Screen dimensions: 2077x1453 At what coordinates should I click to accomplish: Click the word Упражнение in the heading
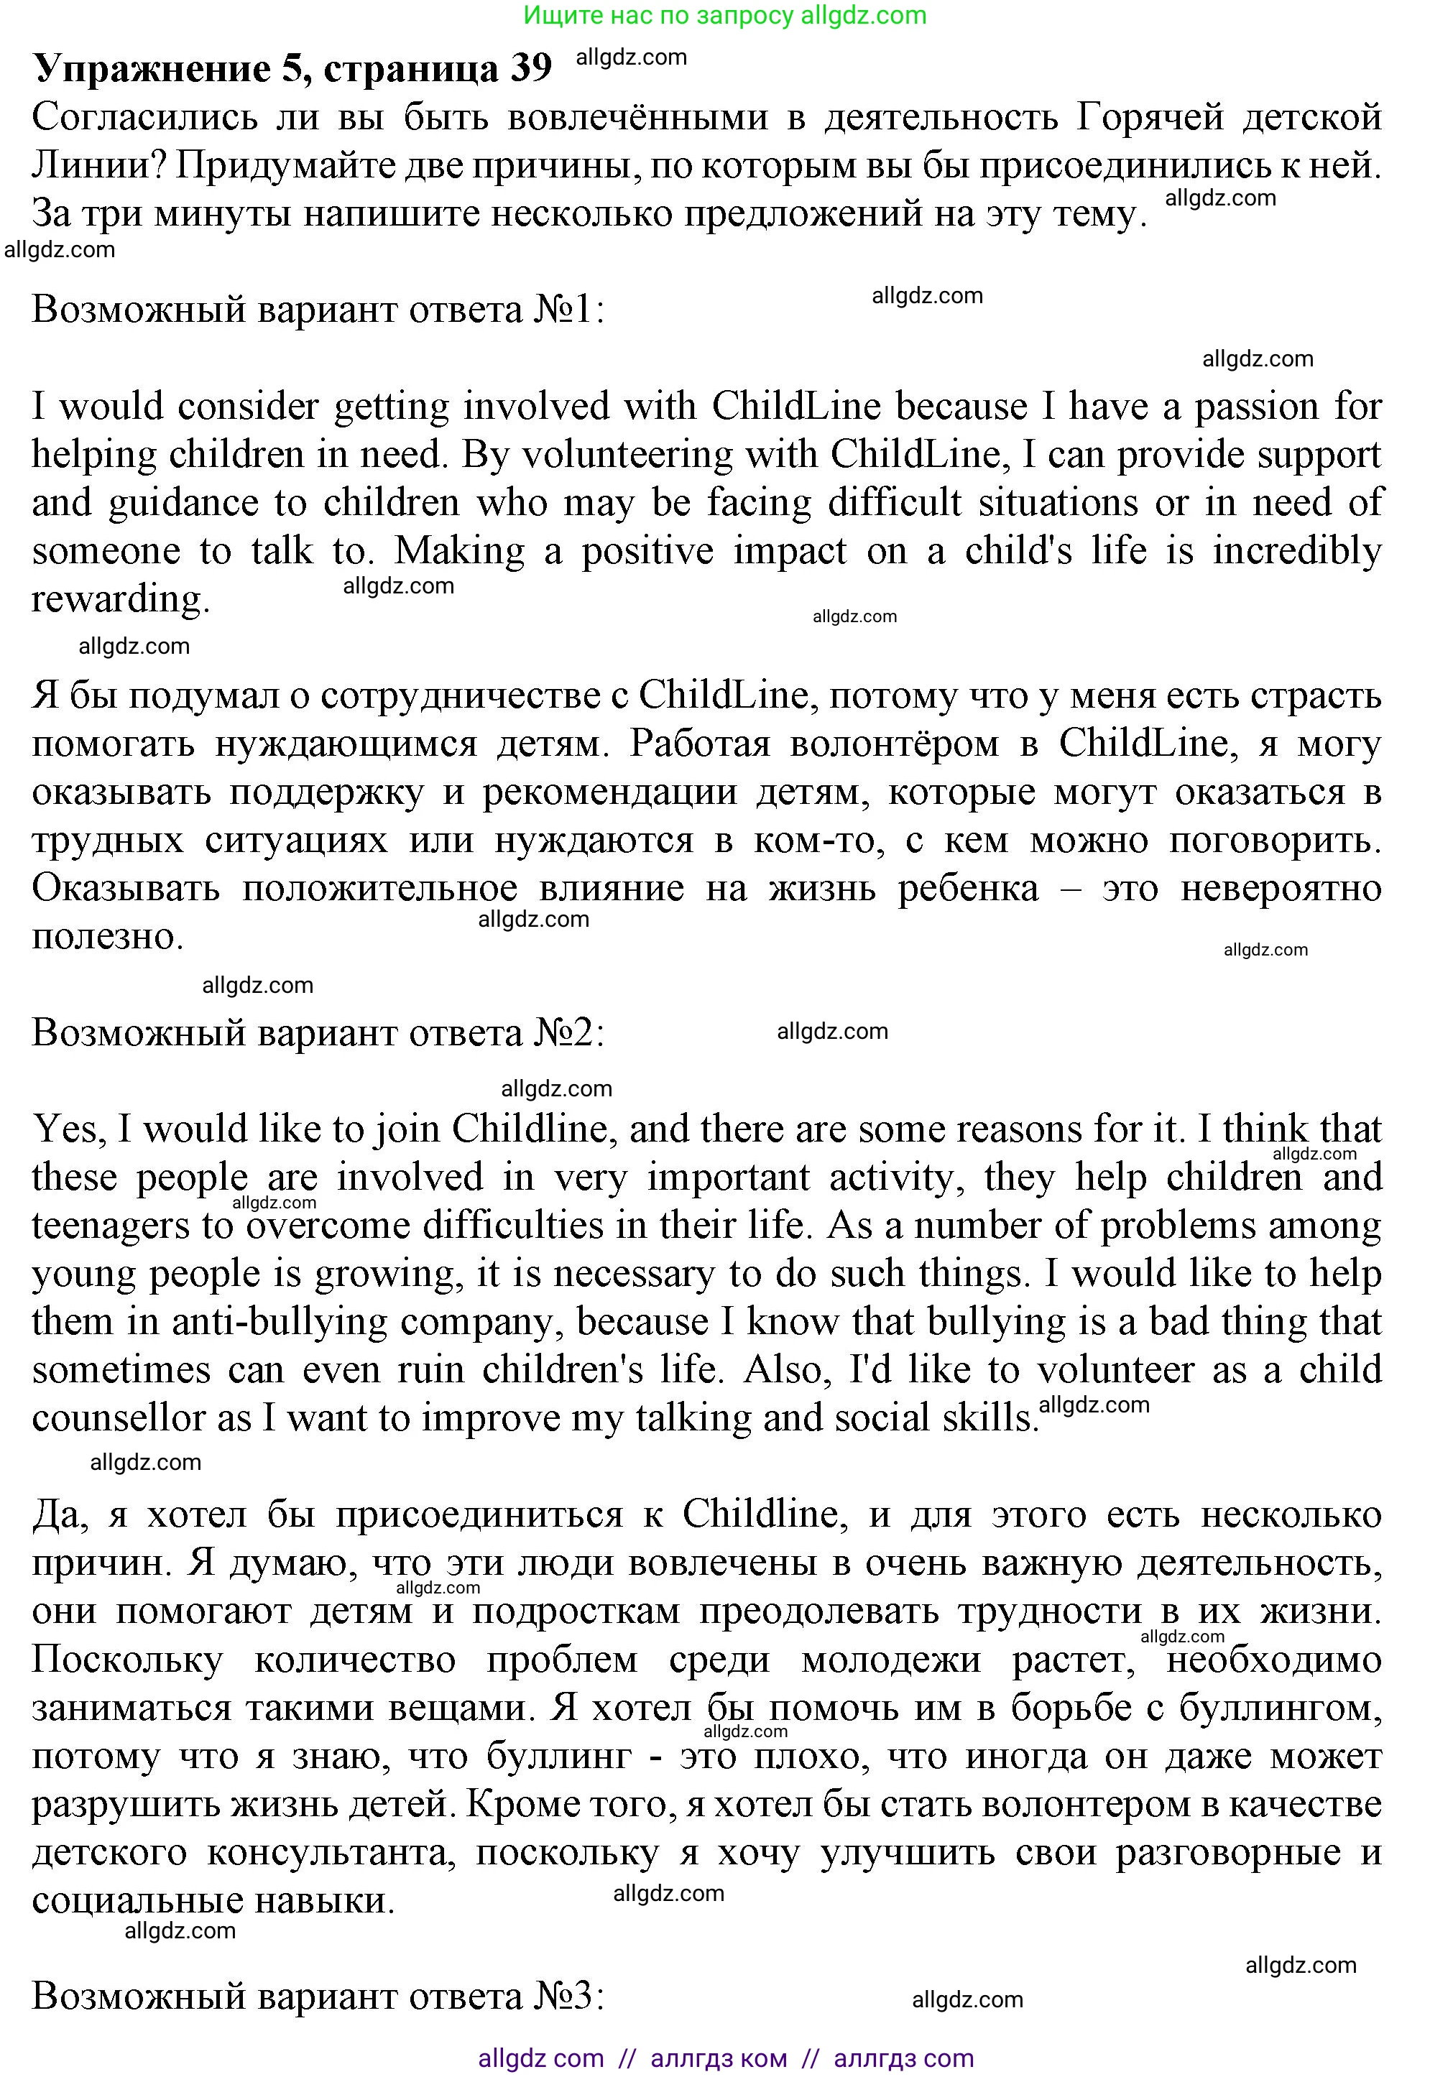coord(151,69)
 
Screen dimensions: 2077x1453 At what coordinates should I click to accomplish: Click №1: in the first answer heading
coord(569,310)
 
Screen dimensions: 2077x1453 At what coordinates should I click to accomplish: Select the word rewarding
coord(120,600)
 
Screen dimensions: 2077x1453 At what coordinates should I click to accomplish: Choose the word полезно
coord(108,936)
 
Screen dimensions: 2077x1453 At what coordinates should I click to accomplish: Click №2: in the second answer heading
coord(569,1033)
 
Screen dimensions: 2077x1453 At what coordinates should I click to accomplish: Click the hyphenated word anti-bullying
coord(276,1322)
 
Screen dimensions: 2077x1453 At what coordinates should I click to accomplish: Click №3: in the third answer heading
coord(569,1996)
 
